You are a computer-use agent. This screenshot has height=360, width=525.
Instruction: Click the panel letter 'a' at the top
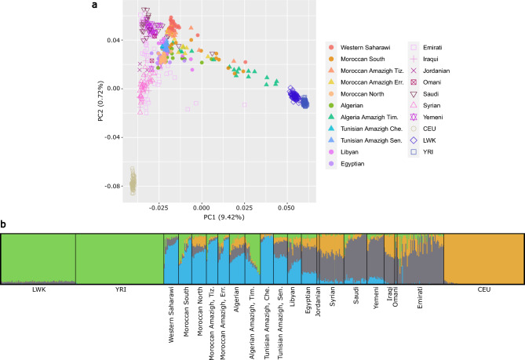tap(116, 5)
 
